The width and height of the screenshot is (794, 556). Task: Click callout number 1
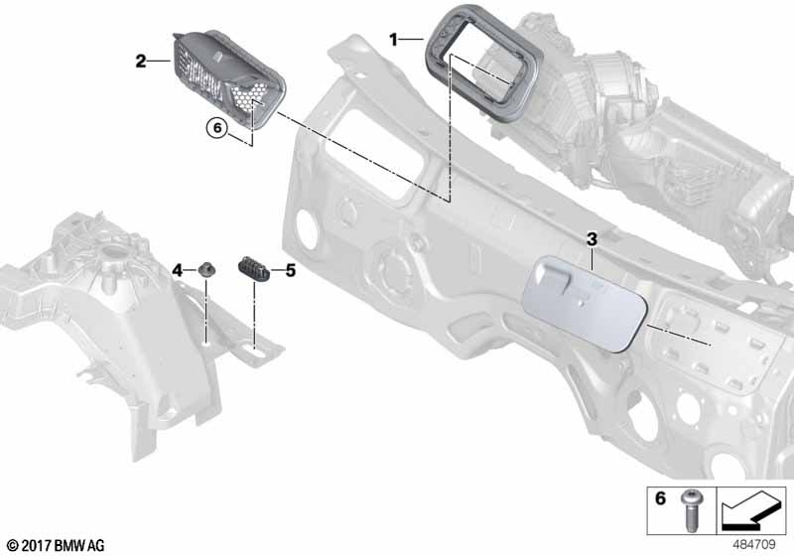click(x=393, y=40)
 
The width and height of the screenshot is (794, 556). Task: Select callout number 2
click(x=141, y=62)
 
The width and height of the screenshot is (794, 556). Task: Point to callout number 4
click(x=178, y=270)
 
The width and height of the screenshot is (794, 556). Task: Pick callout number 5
click(x=291, y=269)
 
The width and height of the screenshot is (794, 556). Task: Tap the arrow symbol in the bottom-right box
click(x=750, y=512)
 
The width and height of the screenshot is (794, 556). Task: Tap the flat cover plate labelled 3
click(x=586, y=303)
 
